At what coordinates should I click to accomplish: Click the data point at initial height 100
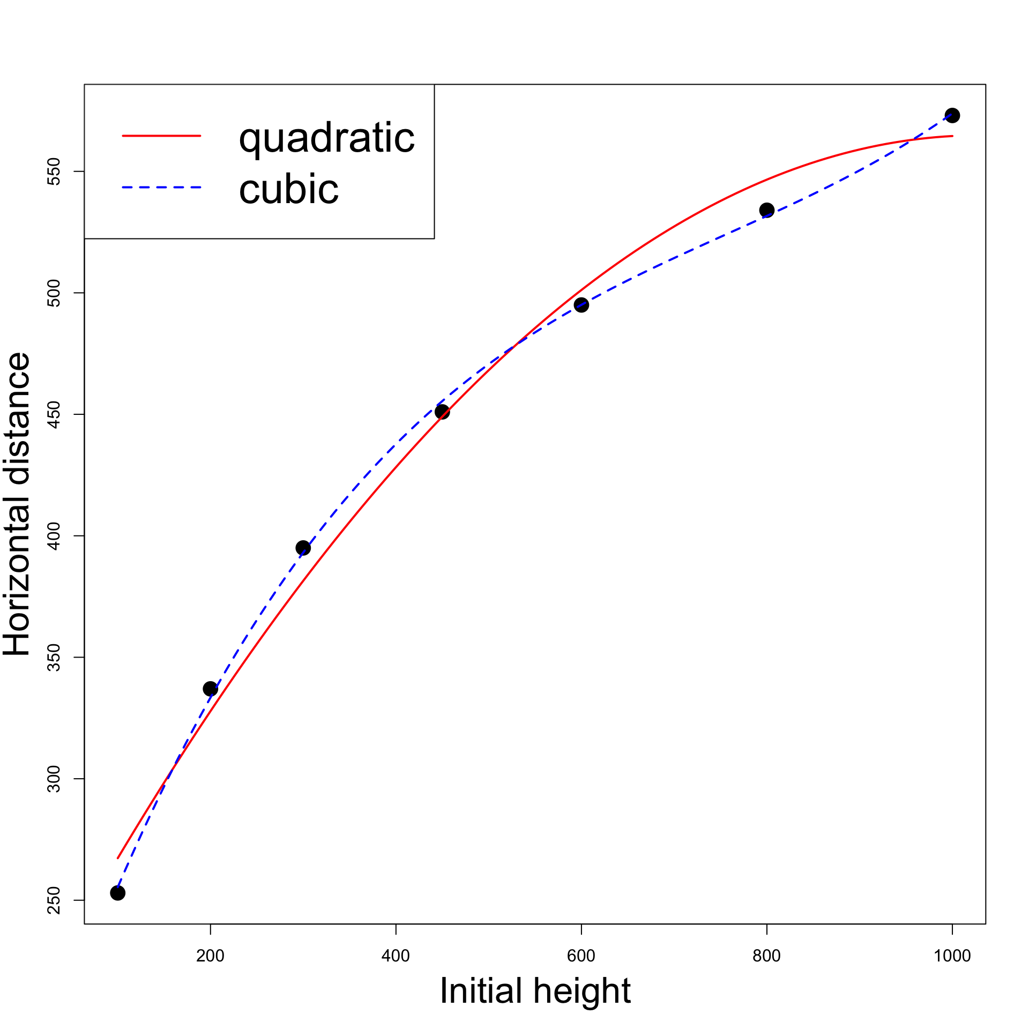(117, 893)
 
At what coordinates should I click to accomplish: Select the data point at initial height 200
(210, 689)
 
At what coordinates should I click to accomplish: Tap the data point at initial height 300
(303, 548)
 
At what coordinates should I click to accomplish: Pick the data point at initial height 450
(442, 412)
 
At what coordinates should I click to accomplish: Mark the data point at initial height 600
(581, 305)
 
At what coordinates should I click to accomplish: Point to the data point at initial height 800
(767, 210)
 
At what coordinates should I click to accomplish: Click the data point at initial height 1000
(952, 115)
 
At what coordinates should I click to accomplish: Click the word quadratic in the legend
(326, 138)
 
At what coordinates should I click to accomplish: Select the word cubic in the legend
(289, 189)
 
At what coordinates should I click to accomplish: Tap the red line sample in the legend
(161, 136)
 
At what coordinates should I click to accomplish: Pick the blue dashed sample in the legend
(161, 188)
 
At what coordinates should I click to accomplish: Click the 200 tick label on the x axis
(210, 956)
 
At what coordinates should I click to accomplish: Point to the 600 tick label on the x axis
(581, 956)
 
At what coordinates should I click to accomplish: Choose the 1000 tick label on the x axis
(952, 956)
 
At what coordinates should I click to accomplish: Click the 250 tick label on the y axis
(54, 900)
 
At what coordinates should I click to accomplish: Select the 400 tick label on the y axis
(54, 535)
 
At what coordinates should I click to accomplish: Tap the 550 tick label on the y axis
(54, 171)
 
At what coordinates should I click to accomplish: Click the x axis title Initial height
(535, 990)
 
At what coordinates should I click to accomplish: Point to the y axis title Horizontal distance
(17, 504)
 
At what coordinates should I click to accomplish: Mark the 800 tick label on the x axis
(767, 956)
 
